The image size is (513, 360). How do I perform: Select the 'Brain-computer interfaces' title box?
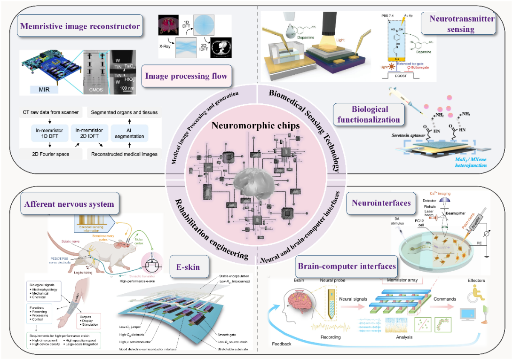click(347, 266)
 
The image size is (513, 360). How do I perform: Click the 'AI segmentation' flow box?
click(129, 133)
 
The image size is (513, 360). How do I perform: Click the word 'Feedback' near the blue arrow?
click(282, 344)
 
